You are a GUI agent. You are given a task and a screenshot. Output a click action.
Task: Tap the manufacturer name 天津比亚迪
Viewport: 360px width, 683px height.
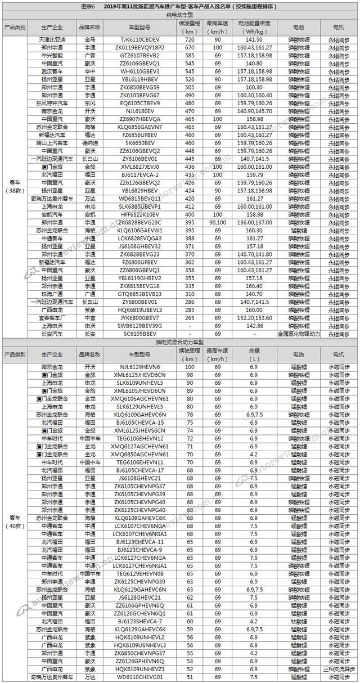(x=52, y=40)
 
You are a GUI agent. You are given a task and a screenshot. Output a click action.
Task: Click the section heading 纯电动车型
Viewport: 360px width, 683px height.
(x=179, y=17)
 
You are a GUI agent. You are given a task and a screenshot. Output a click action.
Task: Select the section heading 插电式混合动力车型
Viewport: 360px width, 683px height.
(x=179, y=342)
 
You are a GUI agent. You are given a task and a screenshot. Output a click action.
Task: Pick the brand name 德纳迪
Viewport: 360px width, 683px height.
(x=90, y=143)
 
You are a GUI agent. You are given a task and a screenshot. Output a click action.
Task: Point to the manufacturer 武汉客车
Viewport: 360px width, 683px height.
(x=52, y=71)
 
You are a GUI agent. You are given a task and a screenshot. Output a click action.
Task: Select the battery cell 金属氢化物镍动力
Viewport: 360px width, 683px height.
(x=299, y=334)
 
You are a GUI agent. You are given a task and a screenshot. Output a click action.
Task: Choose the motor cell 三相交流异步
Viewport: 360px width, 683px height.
(x=340, y=669)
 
